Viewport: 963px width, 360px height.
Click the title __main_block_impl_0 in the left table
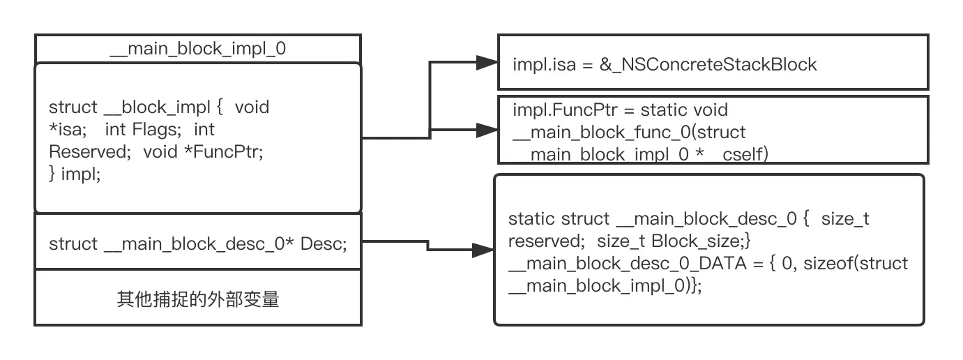pos(198,50)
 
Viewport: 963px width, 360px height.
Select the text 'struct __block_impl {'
pos(135,107)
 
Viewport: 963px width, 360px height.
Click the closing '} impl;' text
pos(75,174)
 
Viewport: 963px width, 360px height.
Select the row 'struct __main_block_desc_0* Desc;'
pos(197,243)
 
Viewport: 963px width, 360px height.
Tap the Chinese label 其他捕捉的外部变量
pos(198,299)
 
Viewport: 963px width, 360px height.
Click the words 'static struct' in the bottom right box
pos(559,219)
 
